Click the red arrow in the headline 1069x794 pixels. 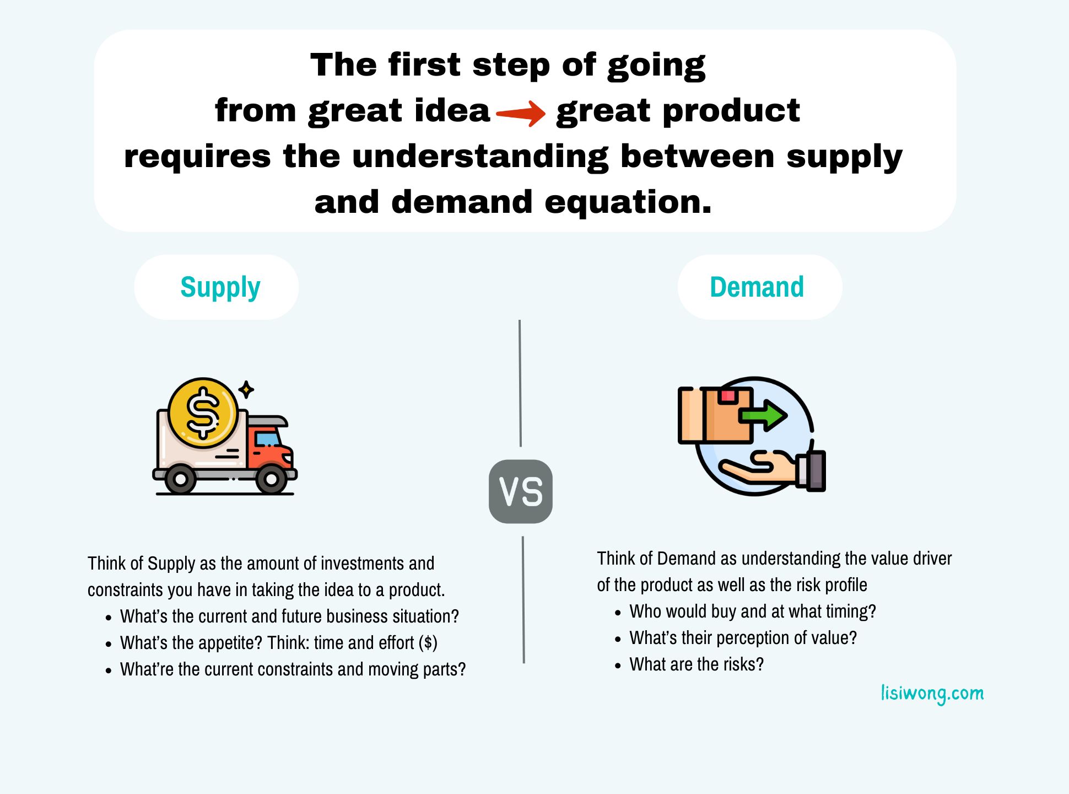[x=521, y=113]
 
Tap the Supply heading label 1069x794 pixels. [x=220, y=288]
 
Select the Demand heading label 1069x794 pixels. [x=757, y=287]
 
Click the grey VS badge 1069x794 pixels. [x=521, y=491]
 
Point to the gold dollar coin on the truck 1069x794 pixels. [x=203, y=413]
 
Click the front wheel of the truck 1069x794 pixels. [x=271, y=479]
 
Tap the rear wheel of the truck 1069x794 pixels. [x=180, y=479]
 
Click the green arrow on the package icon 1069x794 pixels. [x=763, y=415]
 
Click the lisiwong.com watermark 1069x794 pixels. [x=932, y=694]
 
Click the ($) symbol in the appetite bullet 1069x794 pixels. [x=428, y=643]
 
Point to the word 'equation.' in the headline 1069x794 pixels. [x=628, y=203]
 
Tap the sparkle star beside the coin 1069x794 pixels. [x=246, y=389]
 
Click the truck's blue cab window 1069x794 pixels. [x=268, y=439]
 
